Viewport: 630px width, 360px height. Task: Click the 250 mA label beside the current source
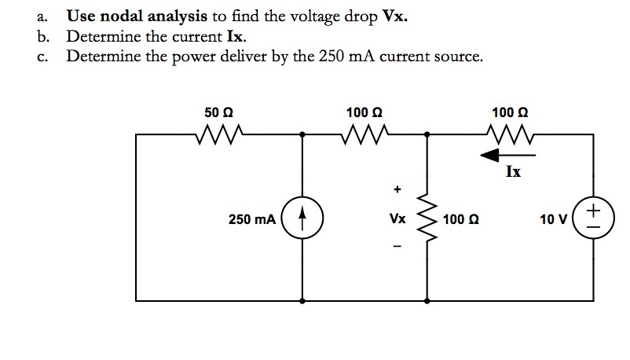[251, 219]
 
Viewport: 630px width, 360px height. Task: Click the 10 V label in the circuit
[553, 219]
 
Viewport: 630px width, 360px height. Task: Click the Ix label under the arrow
[512, 171]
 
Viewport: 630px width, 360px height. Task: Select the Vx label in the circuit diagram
[397, 219]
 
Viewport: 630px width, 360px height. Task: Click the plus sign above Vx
[397, 189]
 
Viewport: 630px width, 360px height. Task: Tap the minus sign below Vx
[397, 249]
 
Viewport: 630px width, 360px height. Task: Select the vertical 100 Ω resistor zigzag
[427, 219]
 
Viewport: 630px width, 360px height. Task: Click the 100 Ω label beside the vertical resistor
[460, 219]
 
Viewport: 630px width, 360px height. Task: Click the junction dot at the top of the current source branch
[303, 134]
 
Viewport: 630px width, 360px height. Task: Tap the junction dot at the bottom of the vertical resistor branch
[427, 300]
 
